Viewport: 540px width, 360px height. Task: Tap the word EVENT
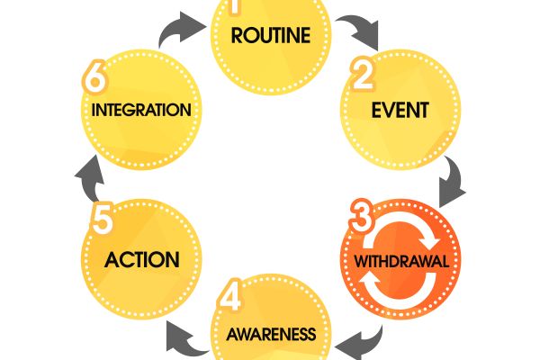(x=400, y=112)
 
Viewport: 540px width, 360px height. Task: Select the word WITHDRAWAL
(x=401, y=263)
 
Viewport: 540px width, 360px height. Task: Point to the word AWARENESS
(x=271, y=335)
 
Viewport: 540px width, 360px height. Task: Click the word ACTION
(x=141, y=261)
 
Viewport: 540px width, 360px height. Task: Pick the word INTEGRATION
(x=140, y=111)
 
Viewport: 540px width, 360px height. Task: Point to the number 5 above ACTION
(x=102, y=217)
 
